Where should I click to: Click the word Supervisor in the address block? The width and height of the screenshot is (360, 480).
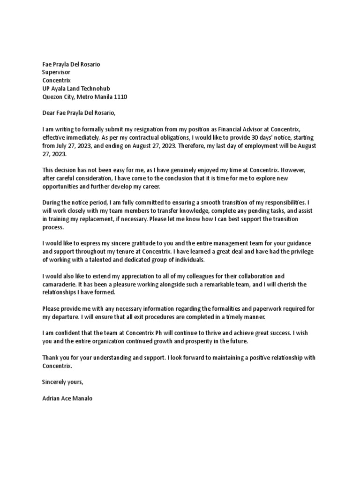click(x=56, y=72)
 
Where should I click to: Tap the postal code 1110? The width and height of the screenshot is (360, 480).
click(x=120, y=97)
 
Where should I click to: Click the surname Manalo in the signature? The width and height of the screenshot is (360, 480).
click(x=89, y=398)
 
